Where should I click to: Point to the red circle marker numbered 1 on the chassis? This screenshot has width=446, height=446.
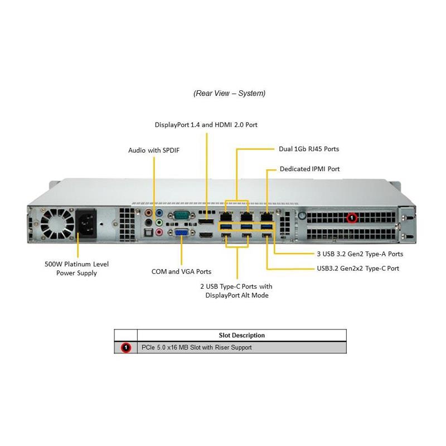tap(352, 217)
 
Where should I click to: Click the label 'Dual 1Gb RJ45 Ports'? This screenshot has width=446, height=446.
tap(308, 149)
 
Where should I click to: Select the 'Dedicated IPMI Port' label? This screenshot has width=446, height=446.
tap(309, 168)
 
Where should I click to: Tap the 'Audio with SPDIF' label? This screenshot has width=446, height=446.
tap(154, 150)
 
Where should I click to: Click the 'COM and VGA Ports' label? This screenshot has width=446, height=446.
tap(181, 272)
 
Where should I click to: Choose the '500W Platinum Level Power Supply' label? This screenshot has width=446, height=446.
tap(76, 268)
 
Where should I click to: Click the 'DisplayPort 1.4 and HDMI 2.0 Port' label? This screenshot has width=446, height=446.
tap(206, 125)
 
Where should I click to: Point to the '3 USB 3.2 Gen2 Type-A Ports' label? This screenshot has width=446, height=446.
tap(359, 254)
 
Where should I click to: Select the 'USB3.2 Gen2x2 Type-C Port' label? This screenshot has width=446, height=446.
tap(357, 268)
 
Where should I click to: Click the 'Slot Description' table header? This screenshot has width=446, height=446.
tap(241, 335)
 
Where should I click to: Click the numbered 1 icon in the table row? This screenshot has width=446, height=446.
tap(126, 347)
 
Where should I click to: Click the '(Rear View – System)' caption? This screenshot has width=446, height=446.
tap(229, 93)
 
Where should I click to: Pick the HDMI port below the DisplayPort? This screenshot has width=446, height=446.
tap(206, 236)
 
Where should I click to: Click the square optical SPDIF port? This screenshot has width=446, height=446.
tap(148, 222)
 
